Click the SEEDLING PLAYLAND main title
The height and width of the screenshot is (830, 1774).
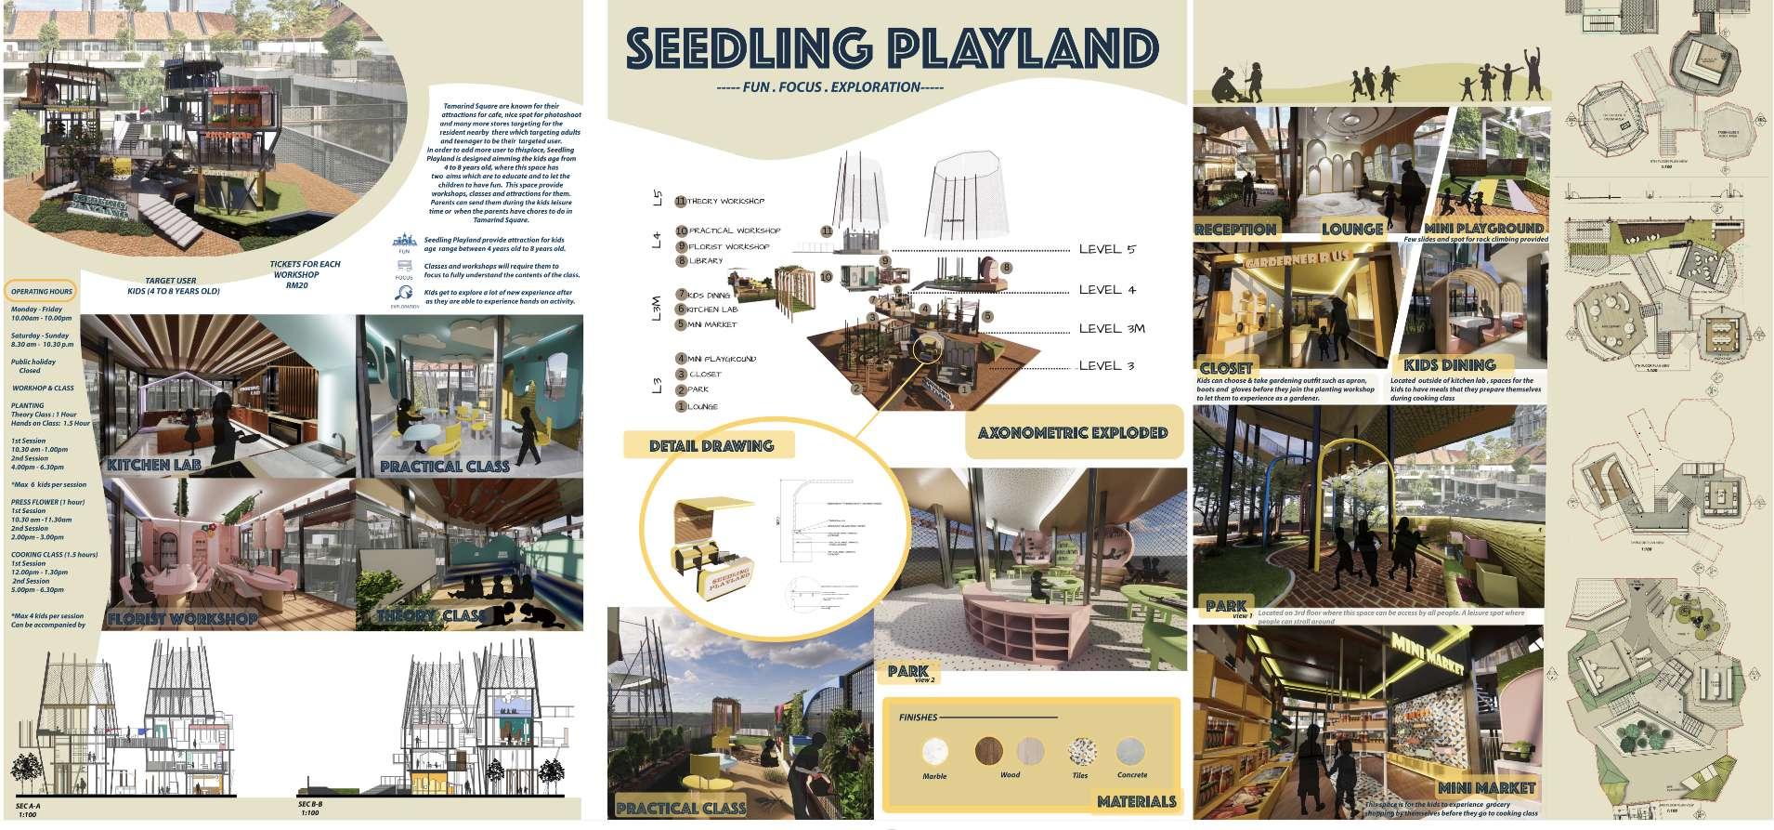(892, 48)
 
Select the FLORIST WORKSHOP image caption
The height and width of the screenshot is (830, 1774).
(182, 618)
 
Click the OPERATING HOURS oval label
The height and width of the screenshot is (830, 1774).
(42, 291)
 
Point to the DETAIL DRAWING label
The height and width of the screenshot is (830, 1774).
(711, 445)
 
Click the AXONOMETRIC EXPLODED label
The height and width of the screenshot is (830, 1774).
(1073, 432)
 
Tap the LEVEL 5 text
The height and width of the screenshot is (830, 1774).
(1107, 249)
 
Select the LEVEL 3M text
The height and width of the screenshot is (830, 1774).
(1112, 328)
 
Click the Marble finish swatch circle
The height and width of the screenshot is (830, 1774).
(934, 752)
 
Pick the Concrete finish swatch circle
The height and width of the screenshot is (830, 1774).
(1130, 750)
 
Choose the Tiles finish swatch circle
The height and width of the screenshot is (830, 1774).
(1081, 751)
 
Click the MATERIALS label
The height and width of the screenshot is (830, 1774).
(1136, 801)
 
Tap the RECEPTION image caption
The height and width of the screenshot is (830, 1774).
(1235, 229)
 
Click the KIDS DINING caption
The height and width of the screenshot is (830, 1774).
(1449, 365)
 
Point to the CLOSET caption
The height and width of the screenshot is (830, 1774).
(1226, 368)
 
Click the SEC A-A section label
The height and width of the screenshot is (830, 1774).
(29, 805)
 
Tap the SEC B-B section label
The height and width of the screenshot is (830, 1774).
(310, 803)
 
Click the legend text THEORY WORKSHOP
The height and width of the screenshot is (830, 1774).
(725, 201)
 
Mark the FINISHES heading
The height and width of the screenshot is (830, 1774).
(918, 718)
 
